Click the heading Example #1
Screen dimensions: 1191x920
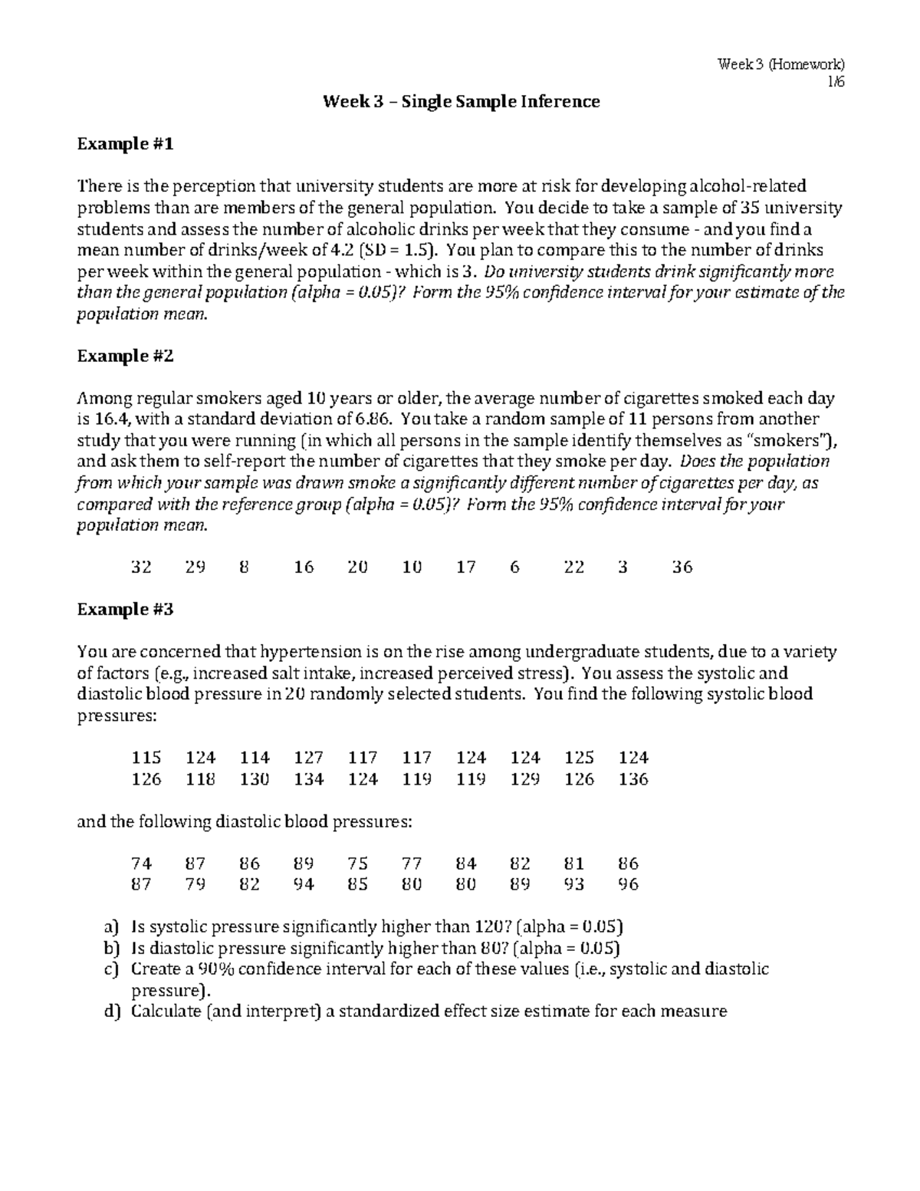click(x=126, y=144)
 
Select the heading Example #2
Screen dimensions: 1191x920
click(x=126, y=356)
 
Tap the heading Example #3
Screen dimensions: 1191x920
click(x=126, y=610)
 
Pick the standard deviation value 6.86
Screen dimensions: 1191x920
click(x=374, y=419)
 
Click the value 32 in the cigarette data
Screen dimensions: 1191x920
click(x=141, y=568)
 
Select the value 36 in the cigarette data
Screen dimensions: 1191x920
click(x=682, y=568)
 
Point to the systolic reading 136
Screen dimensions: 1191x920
click(x=633, y=780)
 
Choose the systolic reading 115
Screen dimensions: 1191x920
click(x=146, y=758)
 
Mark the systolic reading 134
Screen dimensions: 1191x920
click(x=309, y=780)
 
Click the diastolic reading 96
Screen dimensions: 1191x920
click(x=628, y=884)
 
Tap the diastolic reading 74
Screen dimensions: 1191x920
click(x=141, y=864)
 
